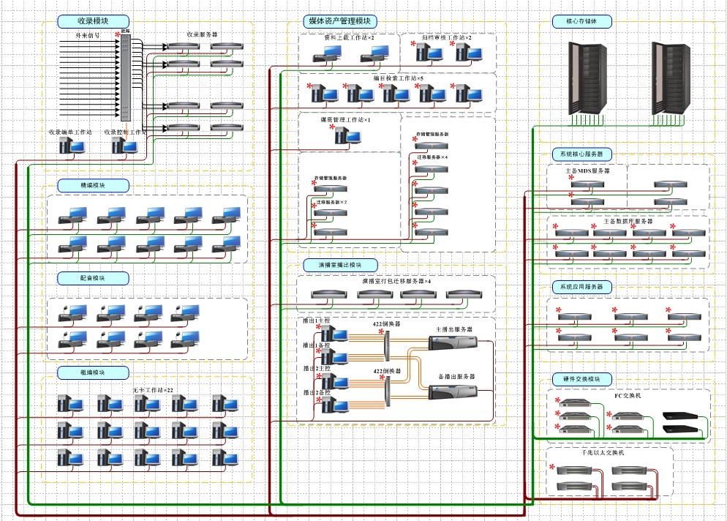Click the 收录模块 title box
[x=93, y=22]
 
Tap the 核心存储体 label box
[x=581, y=22]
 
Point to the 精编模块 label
[x=93, y=186]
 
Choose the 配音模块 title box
[x=93, y=279]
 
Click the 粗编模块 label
[x=93, y=372]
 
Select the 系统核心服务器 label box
[x=582, y=154]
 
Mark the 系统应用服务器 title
[x=582, y=287]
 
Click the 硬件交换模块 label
[x=581, y=379]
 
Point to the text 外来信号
[x=88, y=34]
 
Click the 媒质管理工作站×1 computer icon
[x=342, y=135]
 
